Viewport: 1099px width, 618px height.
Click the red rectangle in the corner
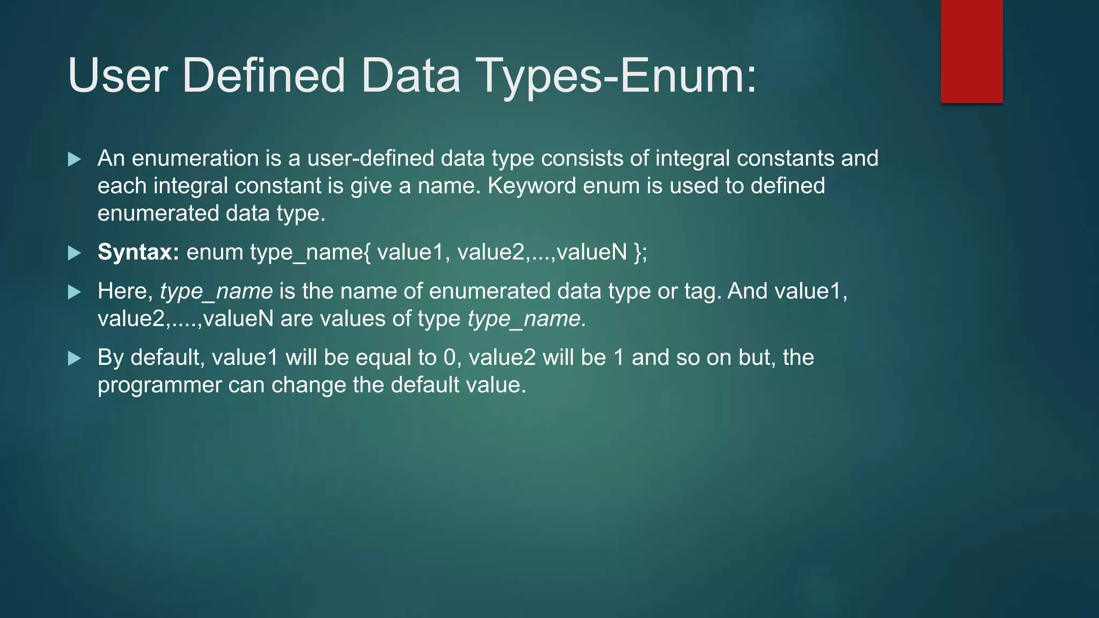pyautogui.click(x=971, y=51)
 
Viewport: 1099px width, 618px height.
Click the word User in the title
pyautogui.click(x=118, y=76)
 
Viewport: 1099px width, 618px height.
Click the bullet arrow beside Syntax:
pyautogui.click(x=75, y=253)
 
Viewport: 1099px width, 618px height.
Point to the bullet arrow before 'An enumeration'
pyautogui.click(x=75, y=159)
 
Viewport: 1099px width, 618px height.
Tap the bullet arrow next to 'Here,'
pyautogui.click(x=75, y=292)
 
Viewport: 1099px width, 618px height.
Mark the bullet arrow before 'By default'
pyautogui.click(x=75, y=358)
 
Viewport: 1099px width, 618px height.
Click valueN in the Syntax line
pyautogui.click(x=591, y=252)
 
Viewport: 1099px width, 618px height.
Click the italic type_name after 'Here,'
pyautogui.click(x=216, y=292)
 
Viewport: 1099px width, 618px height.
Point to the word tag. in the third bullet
pyautogui.click(x=703, y=292)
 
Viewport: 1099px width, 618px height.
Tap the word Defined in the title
pyautogui.click(x=263, y=76)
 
